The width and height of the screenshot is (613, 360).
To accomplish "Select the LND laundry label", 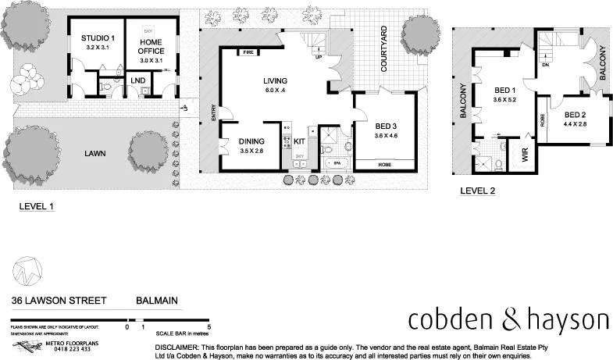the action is click(137, 80).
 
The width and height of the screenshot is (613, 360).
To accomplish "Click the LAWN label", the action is click(95, 154).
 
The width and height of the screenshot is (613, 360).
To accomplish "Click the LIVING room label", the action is click(275, 80).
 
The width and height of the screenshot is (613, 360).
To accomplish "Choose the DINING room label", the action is click(251, 141).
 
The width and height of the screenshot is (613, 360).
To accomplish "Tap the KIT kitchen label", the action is click(300, 141).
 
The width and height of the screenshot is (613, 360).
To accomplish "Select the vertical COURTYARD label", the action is click(385, 49).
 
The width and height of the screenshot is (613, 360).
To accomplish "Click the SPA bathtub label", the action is click(337, 163).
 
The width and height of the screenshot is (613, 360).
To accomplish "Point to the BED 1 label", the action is click(501, 91).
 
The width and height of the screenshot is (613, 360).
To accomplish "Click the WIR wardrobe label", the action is click(525, 153).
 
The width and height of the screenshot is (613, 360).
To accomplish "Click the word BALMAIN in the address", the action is click(159, 299).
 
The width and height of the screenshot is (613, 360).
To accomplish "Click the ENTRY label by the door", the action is click(212, 113).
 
